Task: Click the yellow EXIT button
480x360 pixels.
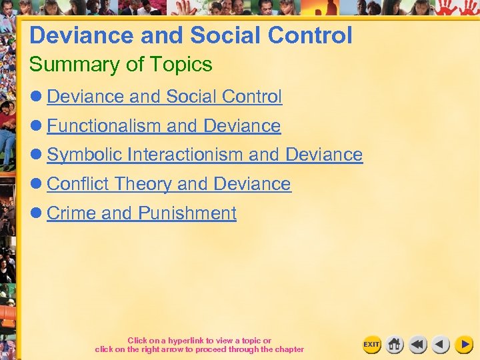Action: (371, 344)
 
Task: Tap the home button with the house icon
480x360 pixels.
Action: (395, 344)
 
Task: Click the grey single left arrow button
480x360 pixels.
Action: (440, 344)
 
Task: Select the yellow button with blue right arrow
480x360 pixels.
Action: (463, 344)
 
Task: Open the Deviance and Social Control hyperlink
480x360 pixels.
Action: (164, 97)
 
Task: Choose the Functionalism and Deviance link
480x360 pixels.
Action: (163, 126)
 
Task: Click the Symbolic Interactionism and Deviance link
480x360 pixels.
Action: (204, 155)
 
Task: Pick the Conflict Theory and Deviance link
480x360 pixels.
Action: (169, 184)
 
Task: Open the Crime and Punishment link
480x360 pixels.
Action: (141, 213)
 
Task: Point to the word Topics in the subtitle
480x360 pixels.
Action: (181, 65)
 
